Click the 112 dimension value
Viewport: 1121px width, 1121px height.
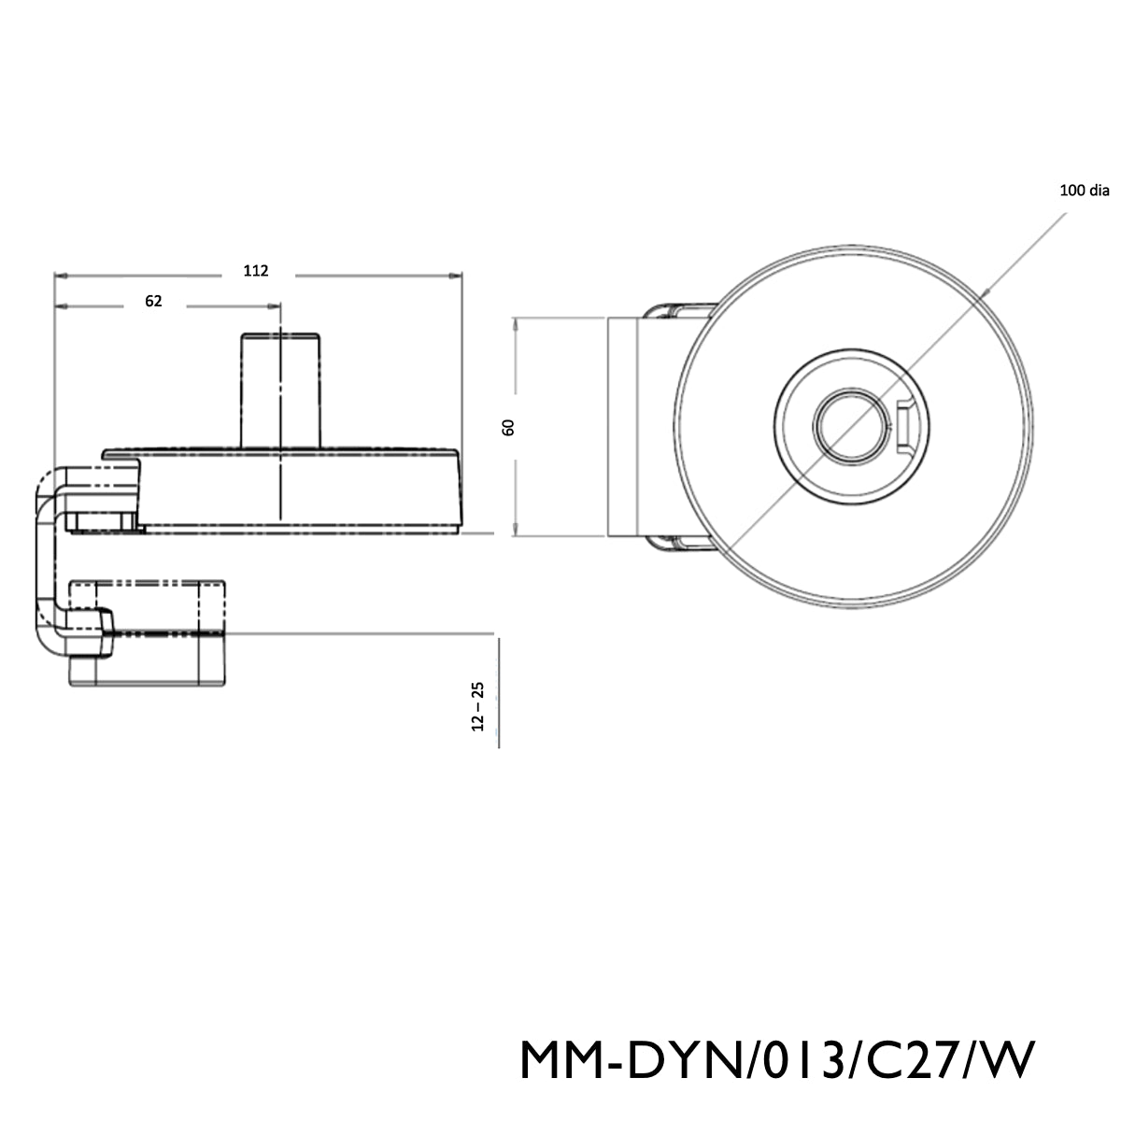(256, 271)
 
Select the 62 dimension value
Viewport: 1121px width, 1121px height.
(154, 301)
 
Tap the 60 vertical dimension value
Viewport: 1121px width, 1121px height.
(508, 427)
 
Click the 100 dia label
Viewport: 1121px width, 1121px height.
(1084, 191)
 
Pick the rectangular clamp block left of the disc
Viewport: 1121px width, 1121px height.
(624, 427)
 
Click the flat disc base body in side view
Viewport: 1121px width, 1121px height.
(299, 490)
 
